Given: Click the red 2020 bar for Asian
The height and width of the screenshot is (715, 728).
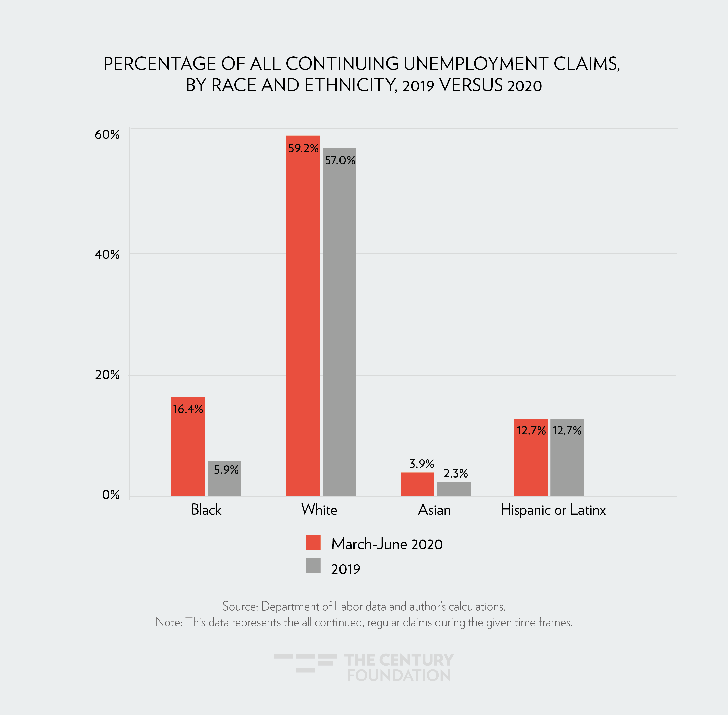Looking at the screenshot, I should pyautogui.click(x=417, y=485).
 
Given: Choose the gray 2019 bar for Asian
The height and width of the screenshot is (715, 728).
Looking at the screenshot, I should pyautogui.click(x=454, y=489).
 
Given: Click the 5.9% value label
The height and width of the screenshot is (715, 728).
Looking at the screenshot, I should pyautogui.click(x=226, y=470).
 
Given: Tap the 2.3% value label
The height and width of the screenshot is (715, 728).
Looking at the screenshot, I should pyautogui.click(x=456, y=473).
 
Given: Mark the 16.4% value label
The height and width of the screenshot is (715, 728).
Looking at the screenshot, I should pyautogui.click(x=188, y=409).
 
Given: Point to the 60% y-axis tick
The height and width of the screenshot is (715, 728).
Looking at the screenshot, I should pyautogui.click(x=107, y=134).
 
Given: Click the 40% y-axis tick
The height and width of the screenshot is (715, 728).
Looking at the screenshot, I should pyautogui.click(x=107, y=254).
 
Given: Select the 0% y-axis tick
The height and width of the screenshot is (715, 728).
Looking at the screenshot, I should pyautogui.click(x=111, y=495).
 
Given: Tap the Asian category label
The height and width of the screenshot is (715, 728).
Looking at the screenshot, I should pyautogui.click(x=434, y=510).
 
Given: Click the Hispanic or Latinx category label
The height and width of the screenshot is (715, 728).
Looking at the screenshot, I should pyautogui.click(x=553, y=510).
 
